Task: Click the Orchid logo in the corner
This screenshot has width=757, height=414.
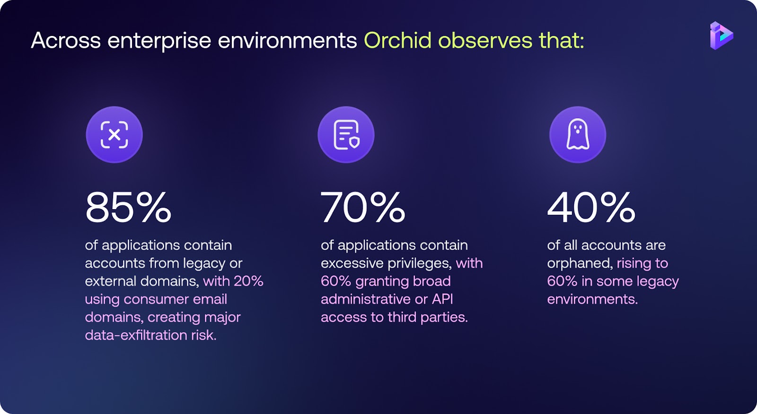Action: pos(722,35)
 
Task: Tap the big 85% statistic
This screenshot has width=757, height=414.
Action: pos(128,207)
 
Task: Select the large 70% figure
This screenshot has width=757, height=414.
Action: pos(362,207)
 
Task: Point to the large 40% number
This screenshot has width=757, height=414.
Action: pos(591,207)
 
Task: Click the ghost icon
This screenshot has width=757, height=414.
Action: pos(578,134)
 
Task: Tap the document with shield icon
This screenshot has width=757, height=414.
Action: pos(346,134)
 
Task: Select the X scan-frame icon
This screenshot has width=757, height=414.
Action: pos(114,134)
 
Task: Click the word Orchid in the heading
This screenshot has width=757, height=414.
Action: pos(398,40)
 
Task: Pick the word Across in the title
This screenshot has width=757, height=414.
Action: pos(66,41)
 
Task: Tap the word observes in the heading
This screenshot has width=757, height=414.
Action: pos(485,41)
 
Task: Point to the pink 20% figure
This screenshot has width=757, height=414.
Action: pos(248,281)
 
